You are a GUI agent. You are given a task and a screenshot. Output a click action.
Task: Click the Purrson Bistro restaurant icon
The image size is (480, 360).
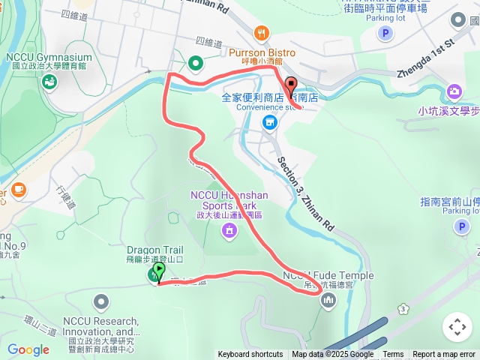click(261, 32)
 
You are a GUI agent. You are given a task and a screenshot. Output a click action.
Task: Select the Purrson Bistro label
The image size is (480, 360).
click(262, 52)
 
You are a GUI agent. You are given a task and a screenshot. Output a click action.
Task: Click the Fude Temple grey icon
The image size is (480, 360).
click(328, 301)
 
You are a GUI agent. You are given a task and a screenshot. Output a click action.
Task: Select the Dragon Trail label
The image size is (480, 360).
click(155, 250)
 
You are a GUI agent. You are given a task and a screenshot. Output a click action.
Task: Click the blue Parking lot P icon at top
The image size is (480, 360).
click(385, 33)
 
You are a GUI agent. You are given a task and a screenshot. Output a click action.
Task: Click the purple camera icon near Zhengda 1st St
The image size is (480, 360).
click(454, 91)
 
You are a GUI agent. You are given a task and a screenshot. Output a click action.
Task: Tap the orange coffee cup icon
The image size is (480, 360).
click(18, 189)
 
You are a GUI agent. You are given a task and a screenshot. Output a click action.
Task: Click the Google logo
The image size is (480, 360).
click(28, 349)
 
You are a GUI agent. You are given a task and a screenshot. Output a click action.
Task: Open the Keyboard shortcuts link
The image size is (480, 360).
click(250, 355)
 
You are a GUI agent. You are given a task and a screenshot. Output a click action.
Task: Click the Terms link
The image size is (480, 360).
click(393, 355)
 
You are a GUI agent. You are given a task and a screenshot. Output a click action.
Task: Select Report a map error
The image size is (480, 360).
click(444, 355)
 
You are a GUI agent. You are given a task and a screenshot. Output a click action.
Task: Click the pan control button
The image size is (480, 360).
click(457, 327)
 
